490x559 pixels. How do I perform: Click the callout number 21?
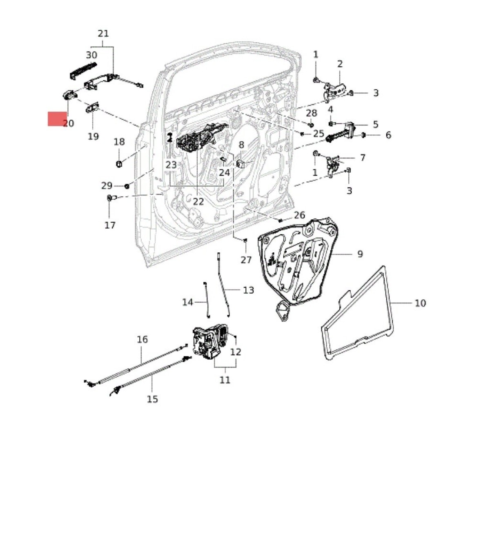[x=103, y=33]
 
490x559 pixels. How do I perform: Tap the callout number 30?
[x=91, y=55]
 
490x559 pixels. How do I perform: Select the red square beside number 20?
[x=57, y=119]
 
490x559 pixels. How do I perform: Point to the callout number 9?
[x=360, y=254]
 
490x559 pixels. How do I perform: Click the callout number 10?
[x=420, y=303]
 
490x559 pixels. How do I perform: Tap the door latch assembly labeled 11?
[x=210, y=341]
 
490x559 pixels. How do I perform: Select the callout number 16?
[x=142, y=339]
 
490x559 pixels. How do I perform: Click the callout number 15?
[x=152, y=399]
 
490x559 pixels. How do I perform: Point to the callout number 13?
[x=248, y=290]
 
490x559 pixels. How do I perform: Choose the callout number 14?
[x=187, y=302]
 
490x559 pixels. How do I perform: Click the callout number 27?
[x=246, y=260]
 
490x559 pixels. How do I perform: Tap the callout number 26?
[x=299, y=215]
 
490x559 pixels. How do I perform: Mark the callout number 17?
[x=110, y=225]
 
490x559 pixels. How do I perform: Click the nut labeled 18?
[x=119, y=164]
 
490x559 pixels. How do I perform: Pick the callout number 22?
[x=198, y=201]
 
